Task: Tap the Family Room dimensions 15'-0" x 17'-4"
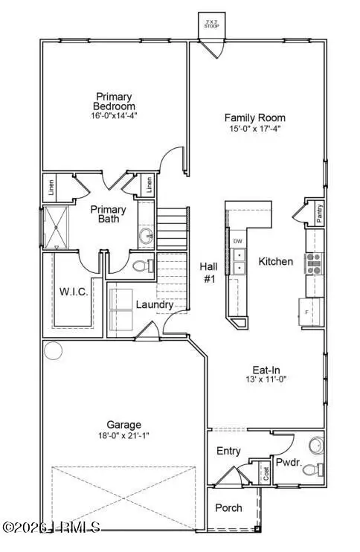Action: coord(255,128)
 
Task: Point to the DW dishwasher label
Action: coord(238,242)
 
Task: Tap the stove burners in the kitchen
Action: coord(315,261)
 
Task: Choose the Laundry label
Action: coord(154,304)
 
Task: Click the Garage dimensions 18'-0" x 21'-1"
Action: coord(113,437)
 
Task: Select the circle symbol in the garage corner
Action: coord(53,350)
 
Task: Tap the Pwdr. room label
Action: coord(288,461)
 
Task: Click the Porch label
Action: coord(228,507)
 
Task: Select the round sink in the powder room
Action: coord(315,444)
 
